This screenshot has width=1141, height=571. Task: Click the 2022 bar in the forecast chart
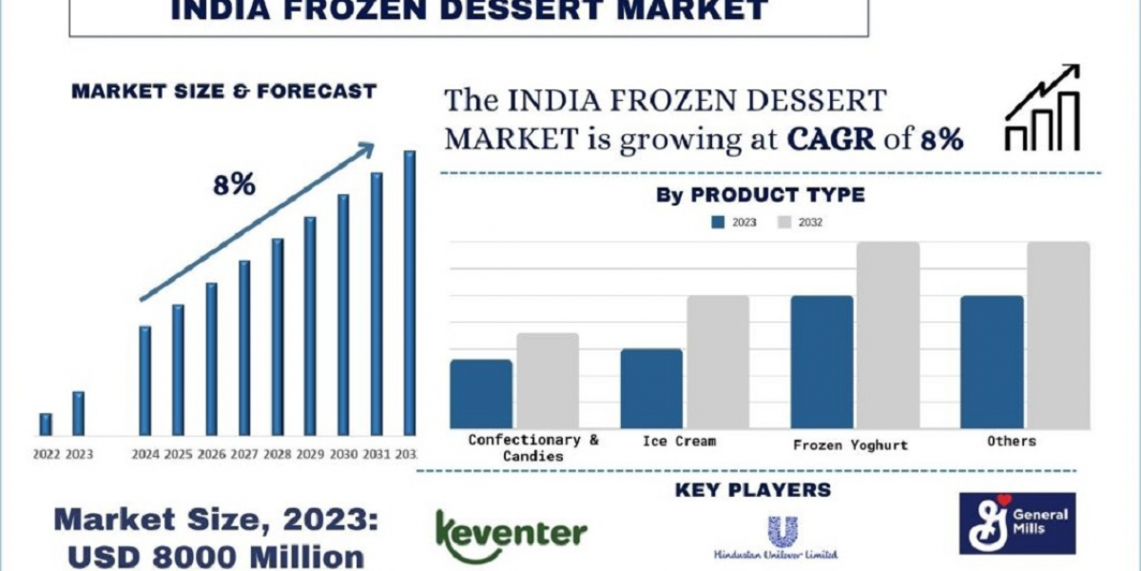46,424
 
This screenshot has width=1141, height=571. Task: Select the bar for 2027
244,347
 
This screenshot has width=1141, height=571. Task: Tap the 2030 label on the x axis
343,454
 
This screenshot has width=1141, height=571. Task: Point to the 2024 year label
145,454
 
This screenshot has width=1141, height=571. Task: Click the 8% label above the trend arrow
234,185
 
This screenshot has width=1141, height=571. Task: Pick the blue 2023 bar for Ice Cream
651,388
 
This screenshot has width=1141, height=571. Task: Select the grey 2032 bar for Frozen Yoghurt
887,334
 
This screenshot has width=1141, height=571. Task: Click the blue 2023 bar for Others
992,361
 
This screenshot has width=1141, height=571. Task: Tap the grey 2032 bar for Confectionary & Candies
548,380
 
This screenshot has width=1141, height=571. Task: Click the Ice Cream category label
679,441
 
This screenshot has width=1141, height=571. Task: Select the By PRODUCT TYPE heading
760,195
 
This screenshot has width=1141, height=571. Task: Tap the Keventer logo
511,535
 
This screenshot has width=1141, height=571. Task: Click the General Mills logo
1016,522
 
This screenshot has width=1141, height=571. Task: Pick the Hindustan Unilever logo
777,539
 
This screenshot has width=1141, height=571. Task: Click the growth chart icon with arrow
1042,108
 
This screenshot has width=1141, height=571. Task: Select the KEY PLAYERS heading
753,491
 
